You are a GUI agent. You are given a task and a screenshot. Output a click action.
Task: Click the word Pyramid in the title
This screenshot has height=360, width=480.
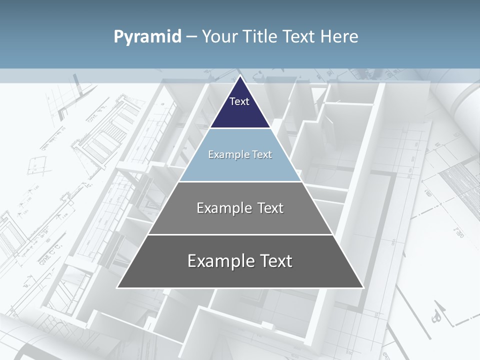[147, 37]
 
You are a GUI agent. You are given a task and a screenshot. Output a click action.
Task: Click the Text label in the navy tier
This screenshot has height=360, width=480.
[239, 101]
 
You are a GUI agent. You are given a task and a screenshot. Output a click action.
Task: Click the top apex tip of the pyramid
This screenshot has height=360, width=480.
[240, 76]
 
